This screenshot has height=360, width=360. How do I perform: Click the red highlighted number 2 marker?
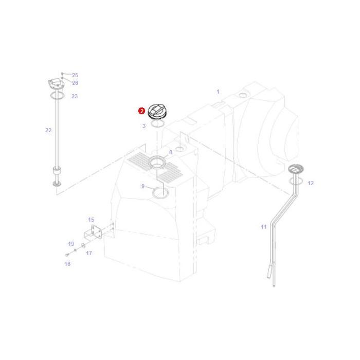(x=141, y=111)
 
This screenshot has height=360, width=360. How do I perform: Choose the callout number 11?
(x=264, y=227)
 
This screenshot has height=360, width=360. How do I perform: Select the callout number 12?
(x=310, y=183)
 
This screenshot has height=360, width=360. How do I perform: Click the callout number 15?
(x=91, y=220)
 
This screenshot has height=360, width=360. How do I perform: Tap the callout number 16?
(x=67, y=264)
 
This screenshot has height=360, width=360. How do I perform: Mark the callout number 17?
(x=89, y=253)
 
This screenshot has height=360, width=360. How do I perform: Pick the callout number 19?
(x=71, y=244)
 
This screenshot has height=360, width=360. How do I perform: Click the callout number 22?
(x=48, y=130)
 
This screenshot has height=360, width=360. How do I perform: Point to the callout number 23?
(x=75, y=96)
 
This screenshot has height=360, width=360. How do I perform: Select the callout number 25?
(x=75, y=75)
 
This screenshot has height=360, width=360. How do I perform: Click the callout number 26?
(x=75, y=83)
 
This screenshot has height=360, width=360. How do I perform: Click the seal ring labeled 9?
(x=161, y=193)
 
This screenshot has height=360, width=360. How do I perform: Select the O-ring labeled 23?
(x=57, y=96)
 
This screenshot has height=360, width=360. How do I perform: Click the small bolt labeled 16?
(x=67, y=255)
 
